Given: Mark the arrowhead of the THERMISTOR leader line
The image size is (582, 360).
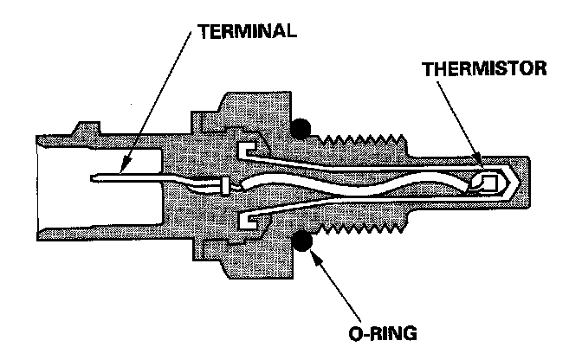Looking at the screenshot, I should click(482, 162).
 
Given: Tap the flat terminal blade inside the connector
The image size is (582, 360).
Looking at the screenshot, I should click(130, 180).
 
